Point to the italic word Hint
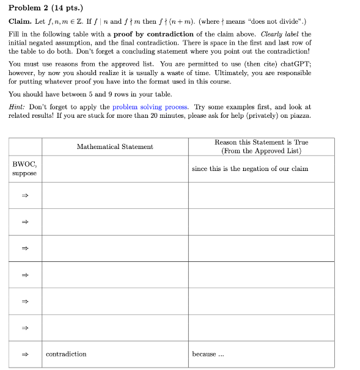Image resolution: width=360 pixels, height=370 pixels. [17, 106]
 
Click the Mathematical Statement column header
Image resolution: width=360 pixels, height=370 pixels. [115, 147]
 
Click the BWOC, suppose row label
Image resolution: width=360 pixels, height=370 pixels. [24, 169]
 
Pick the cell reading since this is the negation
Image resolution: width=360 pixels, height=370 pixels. [249, 169]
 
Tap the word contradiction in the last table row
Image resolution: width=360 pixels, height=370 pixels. [66, 354]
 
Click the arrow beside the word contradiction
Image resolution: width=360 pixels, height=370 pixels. [25, 354]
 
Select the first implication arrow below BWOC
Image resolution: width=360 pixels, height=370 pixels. [25, 195]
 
